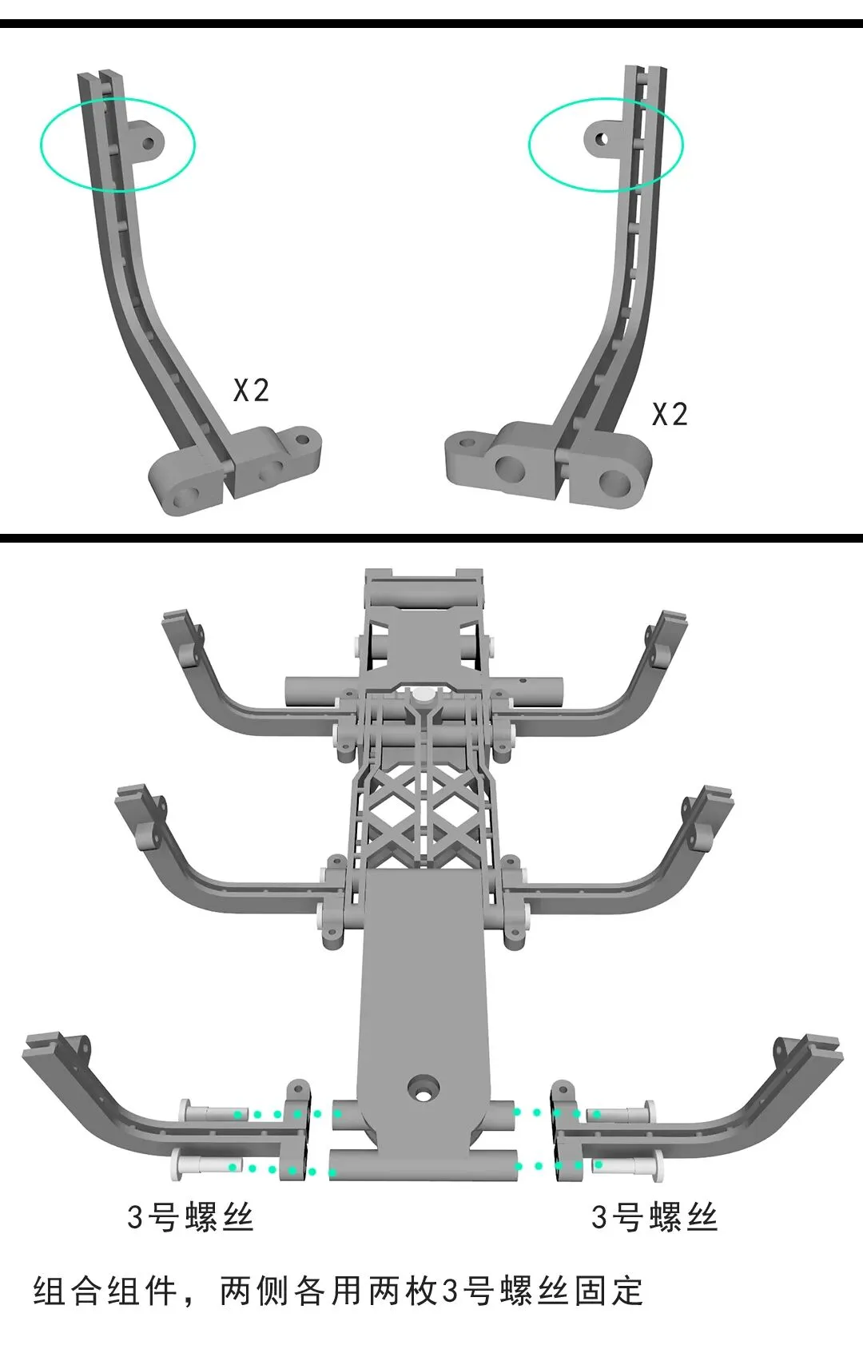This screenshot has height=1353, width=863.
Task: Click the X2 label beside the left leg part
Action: pos(251,390)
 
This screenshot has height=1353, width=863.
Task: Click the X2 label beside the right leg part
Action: pos(670,414)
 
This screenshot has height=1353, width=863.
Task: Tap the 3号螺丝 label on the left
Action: pos(189,1217)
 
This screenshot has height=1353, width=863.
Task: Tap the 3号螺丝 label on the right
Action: pos(654,1217)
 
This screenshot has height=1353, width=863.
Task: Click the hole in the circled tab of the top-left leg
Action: pos(149,142)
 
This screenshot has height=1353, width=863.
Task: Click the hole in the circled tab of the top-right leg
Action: pos(601,140)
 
